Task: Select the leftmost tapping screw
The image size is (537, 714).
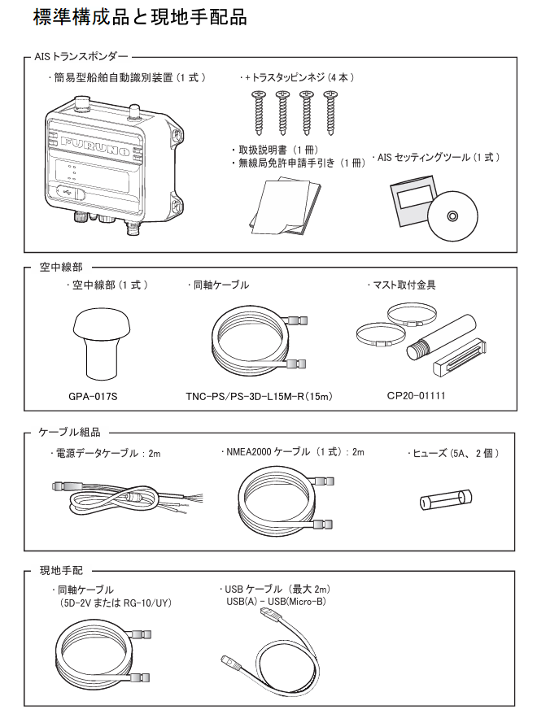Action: point(259,111)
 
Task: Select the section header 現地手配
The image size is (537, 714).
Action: point(61,571)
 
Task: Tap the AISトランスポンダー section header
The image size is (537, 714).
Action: point(83,57)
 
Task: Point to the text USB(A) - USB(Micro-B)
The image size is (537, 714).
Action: point(276,601)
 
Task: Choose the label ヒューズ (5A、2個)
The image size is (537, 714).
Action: point(452,454)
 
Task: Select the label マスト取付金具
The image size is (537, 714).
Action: point(413,285)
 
